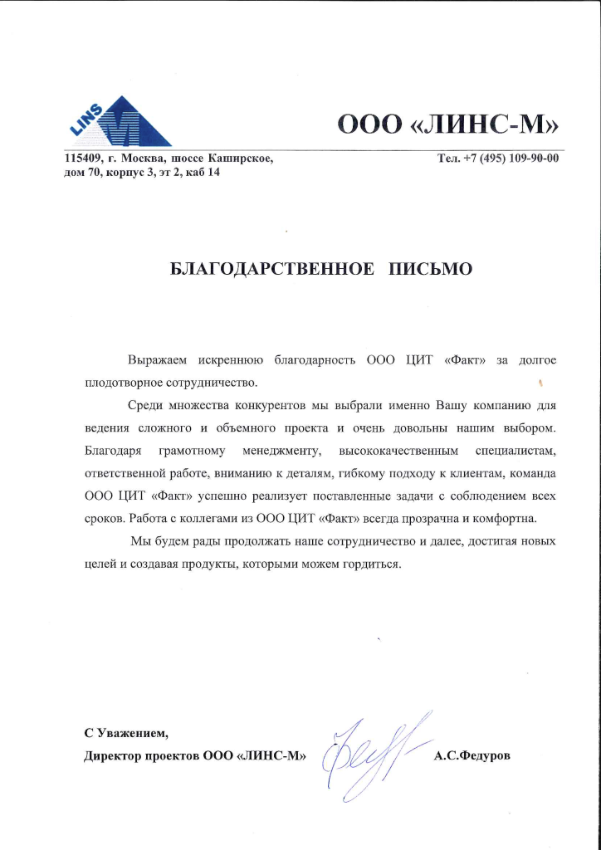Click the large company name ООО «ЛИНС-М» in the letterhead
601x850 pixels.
(x=447, y=125)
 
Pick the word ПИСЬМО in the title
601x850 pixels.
(x=432, y=269)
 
